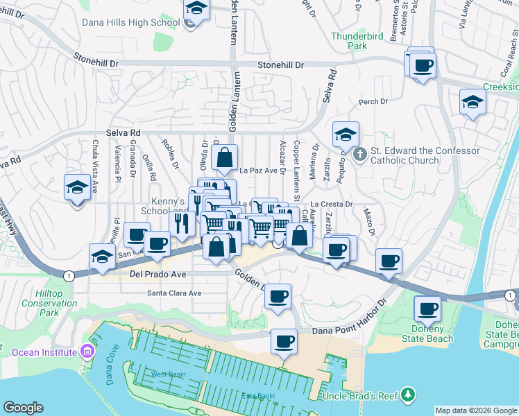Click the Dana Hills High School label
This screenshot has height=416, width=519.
[x=131, y=22]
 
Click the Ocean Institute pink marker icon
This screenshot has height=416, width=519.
[x=86, y=352]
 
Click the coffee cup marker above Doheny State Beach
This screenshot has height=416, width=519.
[x=427, y=308]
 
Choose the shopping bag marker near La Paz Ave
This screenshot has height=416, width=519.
[x=225, y=158]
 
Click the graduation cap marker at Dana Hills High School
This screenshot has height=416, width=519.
[x=196, y=10]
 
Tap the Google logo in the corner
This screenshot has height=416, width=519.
[x=23, y=408]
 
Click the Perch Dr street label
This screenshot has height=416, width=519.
[x=373, y=102]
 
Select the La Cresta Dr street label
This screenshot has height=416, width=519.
[x=337, y=205]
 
